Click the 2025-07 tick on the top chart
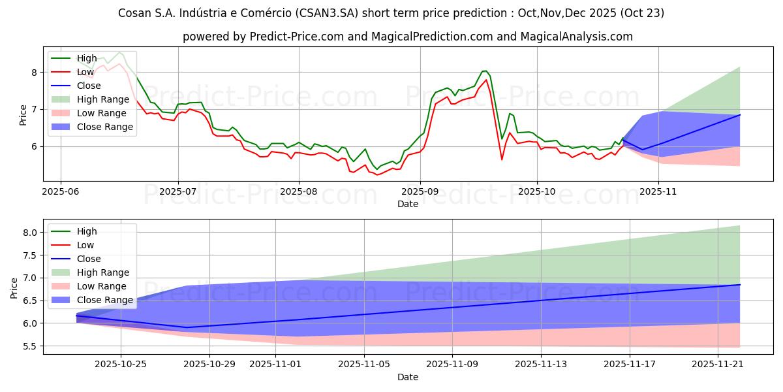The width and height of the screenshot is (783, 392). (178, 180)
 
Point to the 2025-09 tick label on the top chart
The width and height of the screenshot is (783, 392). (420, 191)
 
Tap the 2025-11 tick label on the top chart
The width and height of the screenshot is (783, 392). (658, 191)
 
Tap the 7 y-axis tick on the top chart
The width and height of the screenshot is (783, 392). (35, 109)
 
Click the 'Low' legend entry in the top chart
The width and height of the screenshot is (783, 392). (85, 72)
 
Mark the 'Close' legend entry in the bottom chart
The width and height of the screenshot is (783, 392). (89, 259)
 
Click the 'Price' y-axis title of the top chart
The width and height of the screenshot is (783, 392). (23, 114)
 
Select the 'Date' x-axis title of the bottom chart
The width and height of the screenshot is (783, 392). (408, 377)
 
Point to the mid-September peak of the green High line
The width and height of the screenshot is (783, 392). (484, 71)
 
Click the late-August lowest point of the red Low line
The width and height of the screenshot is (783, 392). (376, 174)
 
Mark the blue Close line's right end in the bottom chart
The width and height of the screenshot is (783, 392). (740, 285)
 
